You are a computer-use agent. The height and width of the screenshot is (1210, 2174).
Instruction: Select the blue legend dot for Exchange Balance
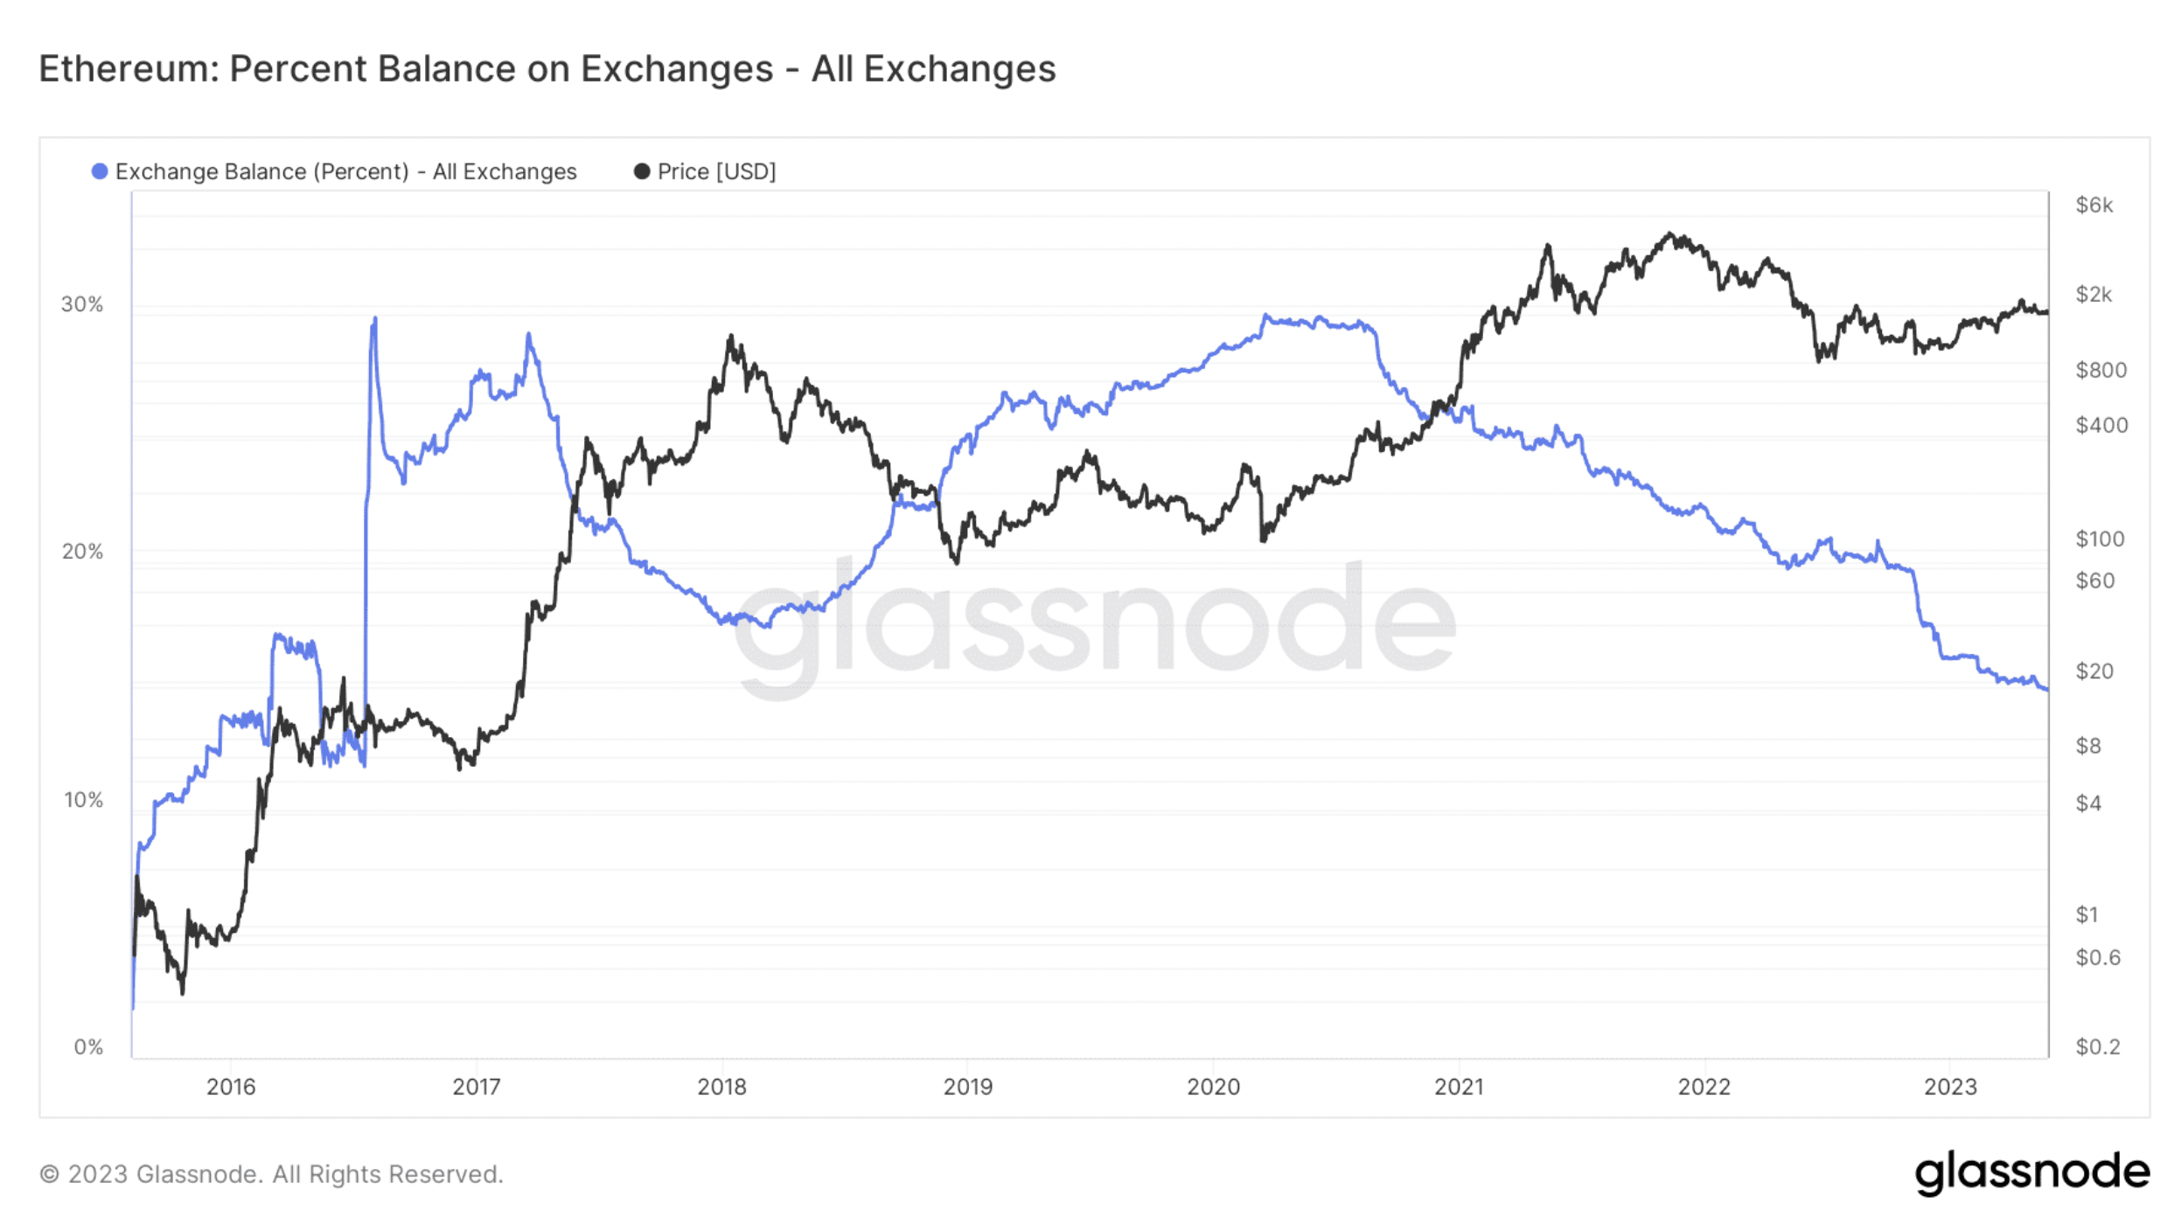pyautogui.click(x=100, y=171)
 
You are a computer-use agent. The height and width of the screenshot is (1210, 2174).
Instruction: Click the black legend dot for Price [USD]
pyautogui.click(x=642, y=171)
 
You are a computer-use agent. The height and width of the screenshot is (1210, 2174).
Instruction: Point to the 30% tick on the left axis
pyautogui.click(x=82, y=304)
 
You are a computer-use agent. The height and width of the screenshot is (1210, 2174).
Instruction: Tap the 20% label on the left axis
pyautogui.click(x=82, y=552)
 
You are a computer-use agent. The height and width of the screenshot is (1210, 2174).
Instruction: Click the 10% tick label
pyautogui.click(x=83, y=800)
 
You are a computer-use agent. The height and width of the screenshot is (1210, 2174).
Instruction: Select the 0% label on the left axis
pyautogui.click(x=88, y=1047)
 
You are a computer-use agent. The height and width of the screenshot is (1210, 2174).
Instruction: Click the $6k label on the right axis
pyautogui.click(x=2094, y=205)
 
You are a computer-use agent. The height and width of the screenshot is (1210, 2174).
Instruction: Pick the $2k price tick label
pyautogui.click(x=2094, y=295)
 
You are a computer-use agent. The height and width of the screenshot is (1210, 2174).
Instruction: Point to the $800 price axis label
pyautogui.click(x=2101, y=370)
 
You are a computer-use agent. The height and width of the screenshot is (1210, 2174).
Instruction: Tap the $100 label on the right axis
pyautogui.click(x=2100, y=539)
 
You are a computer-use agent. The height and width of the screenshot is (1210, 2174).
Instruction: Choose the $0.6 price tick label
pyautogui.click(x=2098, y=957)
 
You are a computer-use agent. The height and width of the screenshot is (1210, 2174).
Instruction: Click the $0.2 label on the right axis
pyautogui.click(x=2098, y=1047)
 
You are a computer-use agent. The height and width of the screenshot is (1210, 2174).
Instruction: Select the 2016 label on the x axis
pyautogui.click(x=231, y=1087)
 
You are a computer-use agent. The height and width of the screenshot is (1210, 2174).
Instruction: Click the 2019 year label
pyautogui.click(x=967, y=1087)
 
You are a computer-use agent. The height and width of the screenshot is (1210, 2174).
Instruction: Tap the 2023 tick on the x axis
pyautogui.click(x=1950, y=1087)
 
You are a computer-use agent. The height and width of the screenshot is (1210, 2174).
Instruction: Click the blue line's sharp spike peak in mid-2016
pyautogui.click(x=375, y=319)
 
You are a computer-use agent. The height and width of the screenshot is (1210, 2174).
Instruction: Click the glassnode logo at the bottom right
pyautogui.click(x=2031, y=1172)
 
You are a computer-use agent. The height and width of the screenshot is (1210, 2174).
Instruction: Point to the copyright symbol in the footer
pyautogui.click(x=50, y=1174)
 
